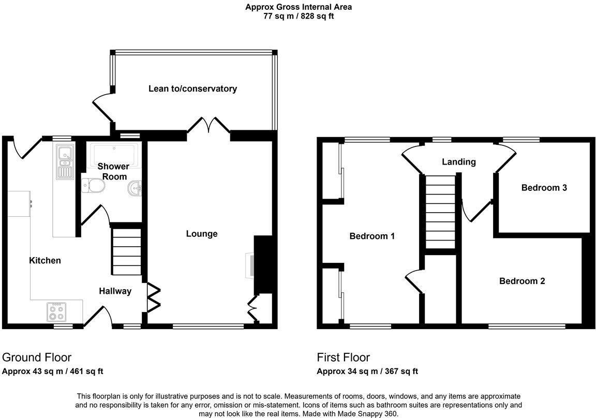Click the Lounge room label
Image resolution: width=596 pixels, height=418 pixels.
point(202,234)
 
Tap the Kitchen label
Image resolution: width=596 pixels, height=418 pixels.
point(45,261)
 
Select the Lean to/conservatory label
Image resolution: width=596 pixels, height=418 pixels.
point(192,88)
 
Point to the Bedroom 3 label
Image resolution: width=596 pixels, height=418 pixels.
point(544,188)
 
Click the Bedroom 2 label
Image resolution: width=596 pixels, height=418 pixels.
point(521,281)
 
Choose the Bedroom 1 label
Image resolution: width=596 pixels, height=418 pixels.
point(372,236)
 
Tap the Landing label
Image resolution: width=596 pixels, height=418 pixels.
point(458,162)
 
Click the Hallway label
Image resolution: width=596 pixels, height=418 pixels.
point(115,291)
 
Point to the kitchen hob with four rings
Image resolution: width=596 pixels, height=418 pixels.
point(56,311)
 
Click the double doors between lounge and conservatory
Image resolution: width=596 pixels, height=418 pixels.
point(208,126)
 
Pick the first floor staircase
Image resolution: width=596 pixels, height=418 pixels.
point(440,212)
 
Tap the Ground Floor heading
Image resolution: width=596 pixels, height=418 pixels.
point(37,357)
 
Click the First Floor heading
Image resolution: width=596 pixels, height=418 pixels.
point(343,357)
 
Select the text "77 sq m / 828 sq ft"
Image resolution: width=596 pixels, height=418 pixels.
point(299,16)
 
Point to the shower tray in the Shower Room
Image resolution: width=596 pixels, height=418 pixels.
point(114,154)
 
